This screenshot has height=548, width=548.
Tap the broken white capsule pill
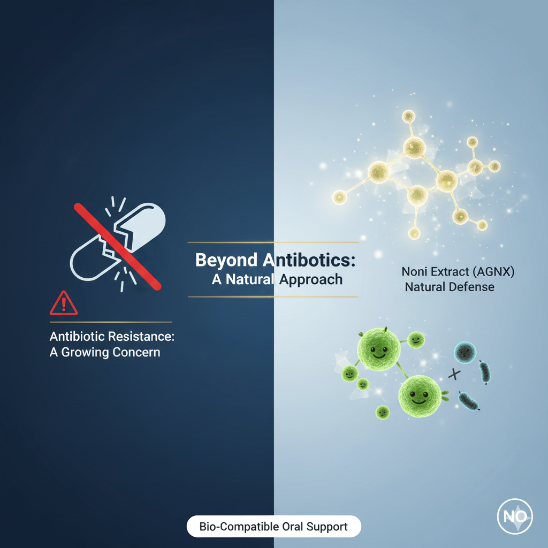coord(119,241)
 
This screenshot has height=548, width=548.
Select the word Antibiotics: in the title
coord(309,261)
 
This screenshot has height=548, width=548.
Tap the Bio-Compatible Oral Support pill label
coord(273,527)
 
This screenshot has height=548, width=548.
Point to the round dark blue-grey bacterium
coord(465,353)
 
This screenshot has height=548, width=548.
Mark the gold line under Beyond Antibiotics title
coord(273,296)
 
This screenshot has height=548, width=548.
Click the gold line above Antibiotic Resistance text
coord(111,322)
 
